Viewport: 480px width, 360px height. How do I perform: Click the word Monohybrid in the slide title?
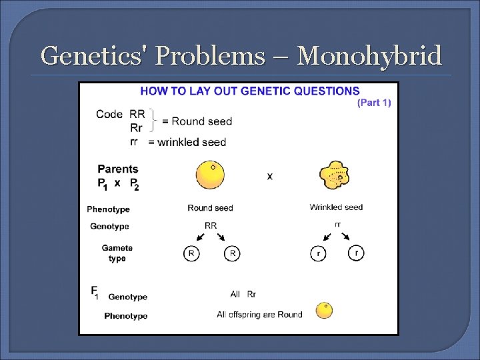pyautogui.click(x=369, y=56)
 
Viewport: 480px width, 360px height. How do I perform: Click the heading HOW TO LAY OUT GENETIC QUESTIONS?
pyautogui.click(x=249, y=91)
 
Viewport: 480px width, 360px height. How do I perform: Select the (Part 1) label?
pyautogui.click(x=375, y=103)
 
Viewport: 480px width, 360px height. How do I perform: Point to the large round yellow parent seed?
pyautogui.click(x=210, y=175)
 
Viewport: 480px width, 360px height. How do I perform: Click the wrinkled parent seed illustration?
pyautogui.click(x=335, y=176)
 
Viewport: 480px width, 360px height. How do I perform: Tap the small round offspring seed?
pyautogui.click(x=324, y=311)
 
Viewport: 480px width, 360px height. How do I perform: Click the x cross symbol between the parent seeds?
pyautogui.click(x=270, y=176)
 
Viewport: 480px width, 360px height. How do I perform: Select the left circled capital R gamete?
pyautogui.click(x=191, y=254)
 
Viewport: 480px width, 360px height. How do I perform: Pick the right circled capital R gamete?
pyautogui.click(x=231, y=254)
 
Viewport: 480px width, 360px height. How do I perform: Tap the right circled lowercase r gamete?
pyautogui.click(x=356, y=254)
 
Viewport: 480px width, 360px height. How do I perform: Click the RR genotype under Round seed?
pyautogui.click(x=211, y=226)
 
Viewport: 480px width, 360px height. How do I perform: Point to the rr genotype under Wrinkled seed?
pyautogui.click(x=337, y=225)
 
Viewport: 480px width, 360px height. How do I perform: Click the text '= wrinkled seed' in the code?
pyautogui.click(x=187, y=142)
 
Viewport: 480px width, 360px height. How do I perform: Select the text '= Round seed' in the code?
pyautogui.click(x=197, y=121)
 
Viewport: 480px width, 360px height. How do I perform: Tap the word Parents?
pyautogui.click(x=118, y=169)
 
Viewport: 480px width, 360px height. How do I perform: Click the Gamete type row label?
pyautogui.click(x=117, y=253)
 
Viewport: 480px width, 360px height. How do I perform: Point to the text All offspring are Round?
pyautogui.click(x=259, y=315)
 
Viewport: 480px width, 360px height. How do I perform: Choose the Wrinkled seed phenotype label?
pyautogui.click(x=336, y=207)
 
